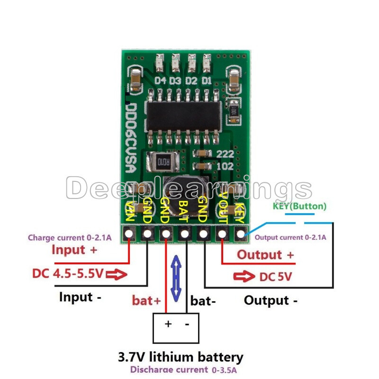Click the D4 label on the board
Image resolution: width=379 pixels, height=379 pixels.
click(160, 80)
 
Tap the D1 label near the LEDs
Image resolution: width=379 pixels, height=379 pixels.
click(206, 80)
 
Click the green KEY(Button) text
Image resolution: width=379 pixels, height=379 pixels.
click(299, 206)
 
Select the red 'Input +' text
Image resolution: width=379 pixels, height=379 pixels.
click(75, 250)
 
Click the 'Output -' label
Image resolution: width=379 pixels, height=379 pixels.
click(271, 300)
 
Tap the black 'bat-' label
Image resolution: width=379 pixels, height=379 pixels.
click(203, 300)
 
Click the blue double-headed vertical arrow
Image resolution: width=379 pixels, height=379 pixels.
click(176, 279)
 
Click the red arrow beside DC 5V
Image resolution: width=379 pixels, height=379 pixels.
click(244, 277)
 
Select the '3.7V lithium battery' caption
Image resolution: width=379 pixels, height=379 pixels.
click(180, 357)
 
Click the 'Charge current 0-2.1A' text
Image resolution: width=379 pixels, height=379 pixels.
click(70, 238)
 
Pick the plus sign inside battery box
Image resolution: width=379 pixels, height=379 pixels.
click(168, 324)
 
